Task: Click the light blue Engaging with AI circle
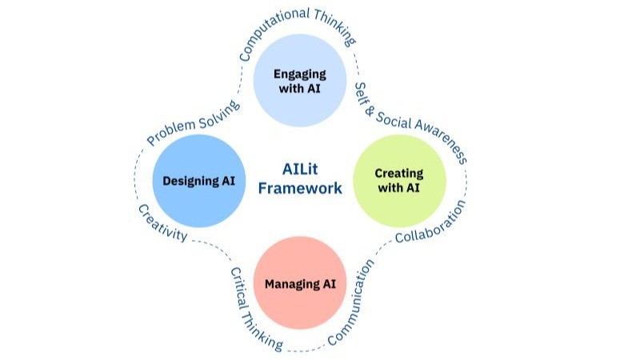tap(299, 81)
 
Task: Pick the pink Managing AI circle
tap(299, 282)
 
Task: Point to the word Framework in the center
tap(301, 189)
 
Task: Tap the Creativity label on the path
tap(162, 222)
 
